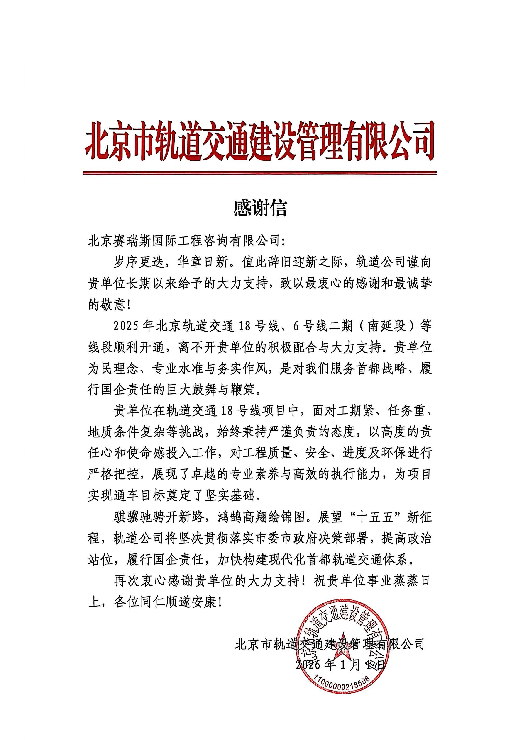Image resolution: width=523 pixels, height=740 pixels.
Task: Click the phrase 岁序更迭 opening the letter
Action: pyautogui.click(x=139, y=263)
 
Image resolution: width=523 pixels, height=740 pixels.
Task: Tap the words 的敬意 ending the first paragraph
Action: pyautogui.click(x=106, y=305)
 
